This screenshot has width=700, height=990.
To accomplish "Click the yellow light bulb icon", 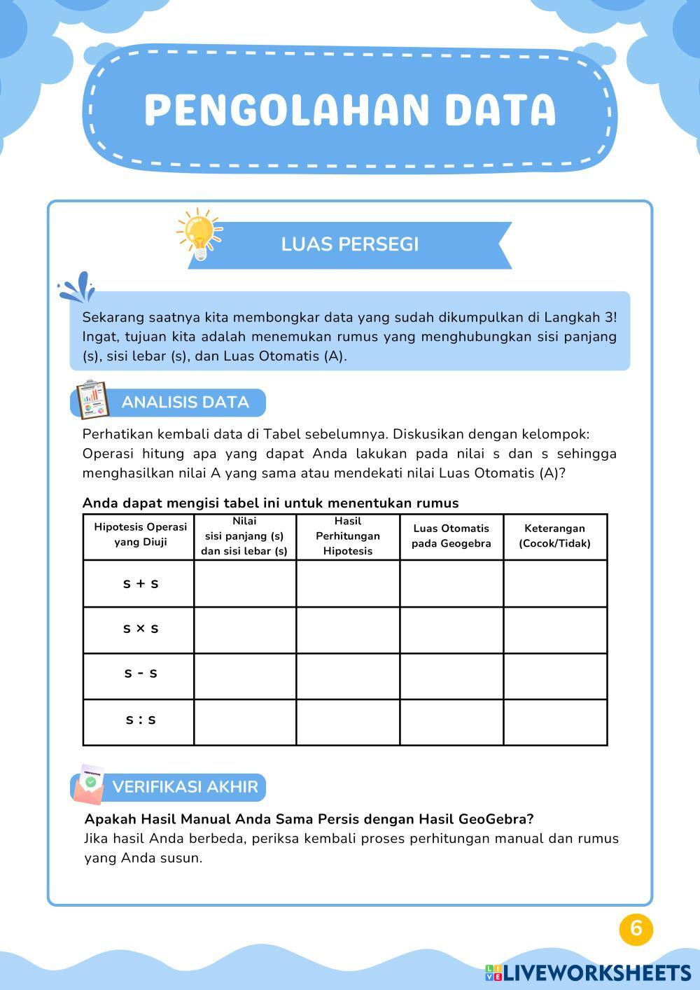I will (199, 233).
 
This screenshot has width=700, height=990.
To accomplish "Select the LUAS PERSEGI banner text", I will (350, 244).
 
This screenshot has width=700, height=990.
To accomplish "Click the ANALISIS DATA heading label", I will (185, 403).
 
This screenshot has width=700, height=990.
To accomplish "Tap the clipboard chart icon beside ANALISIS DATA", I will (92, 400).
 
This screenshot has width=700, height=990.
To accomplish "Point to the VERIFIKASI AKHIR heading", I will (185, 787).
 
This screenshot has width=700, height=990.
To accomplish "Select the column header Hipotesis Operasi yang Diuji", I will (140, 535).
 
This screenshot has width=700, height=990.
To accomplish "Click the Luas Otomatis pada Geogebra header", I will (451, 536).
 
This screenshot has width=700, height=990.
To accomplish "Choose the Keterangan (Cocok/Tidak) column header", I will (554, 536).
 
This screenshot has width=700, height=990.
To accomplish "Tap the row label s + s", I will (140, 583).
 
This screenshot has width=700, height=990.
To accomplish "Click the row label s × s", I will (140, 629).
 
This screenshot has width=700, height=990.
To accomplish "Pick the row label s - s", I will (140, 674).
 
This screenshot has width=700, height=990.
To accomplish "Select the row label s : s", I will (140, 720).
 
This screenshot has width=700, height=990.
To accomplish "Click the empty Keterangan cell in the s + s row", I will (555, 583).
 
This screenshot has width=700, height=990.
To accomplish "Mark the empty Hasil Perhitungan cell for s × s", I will (348, 629).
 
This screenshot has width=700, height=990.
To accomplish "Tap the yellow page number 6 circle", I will (636, 928).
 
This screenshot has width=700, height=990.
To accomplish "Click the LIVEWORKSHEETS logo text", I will (595, 972).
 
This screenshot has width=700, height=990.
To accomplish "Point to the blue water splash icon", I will (77, 286).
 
